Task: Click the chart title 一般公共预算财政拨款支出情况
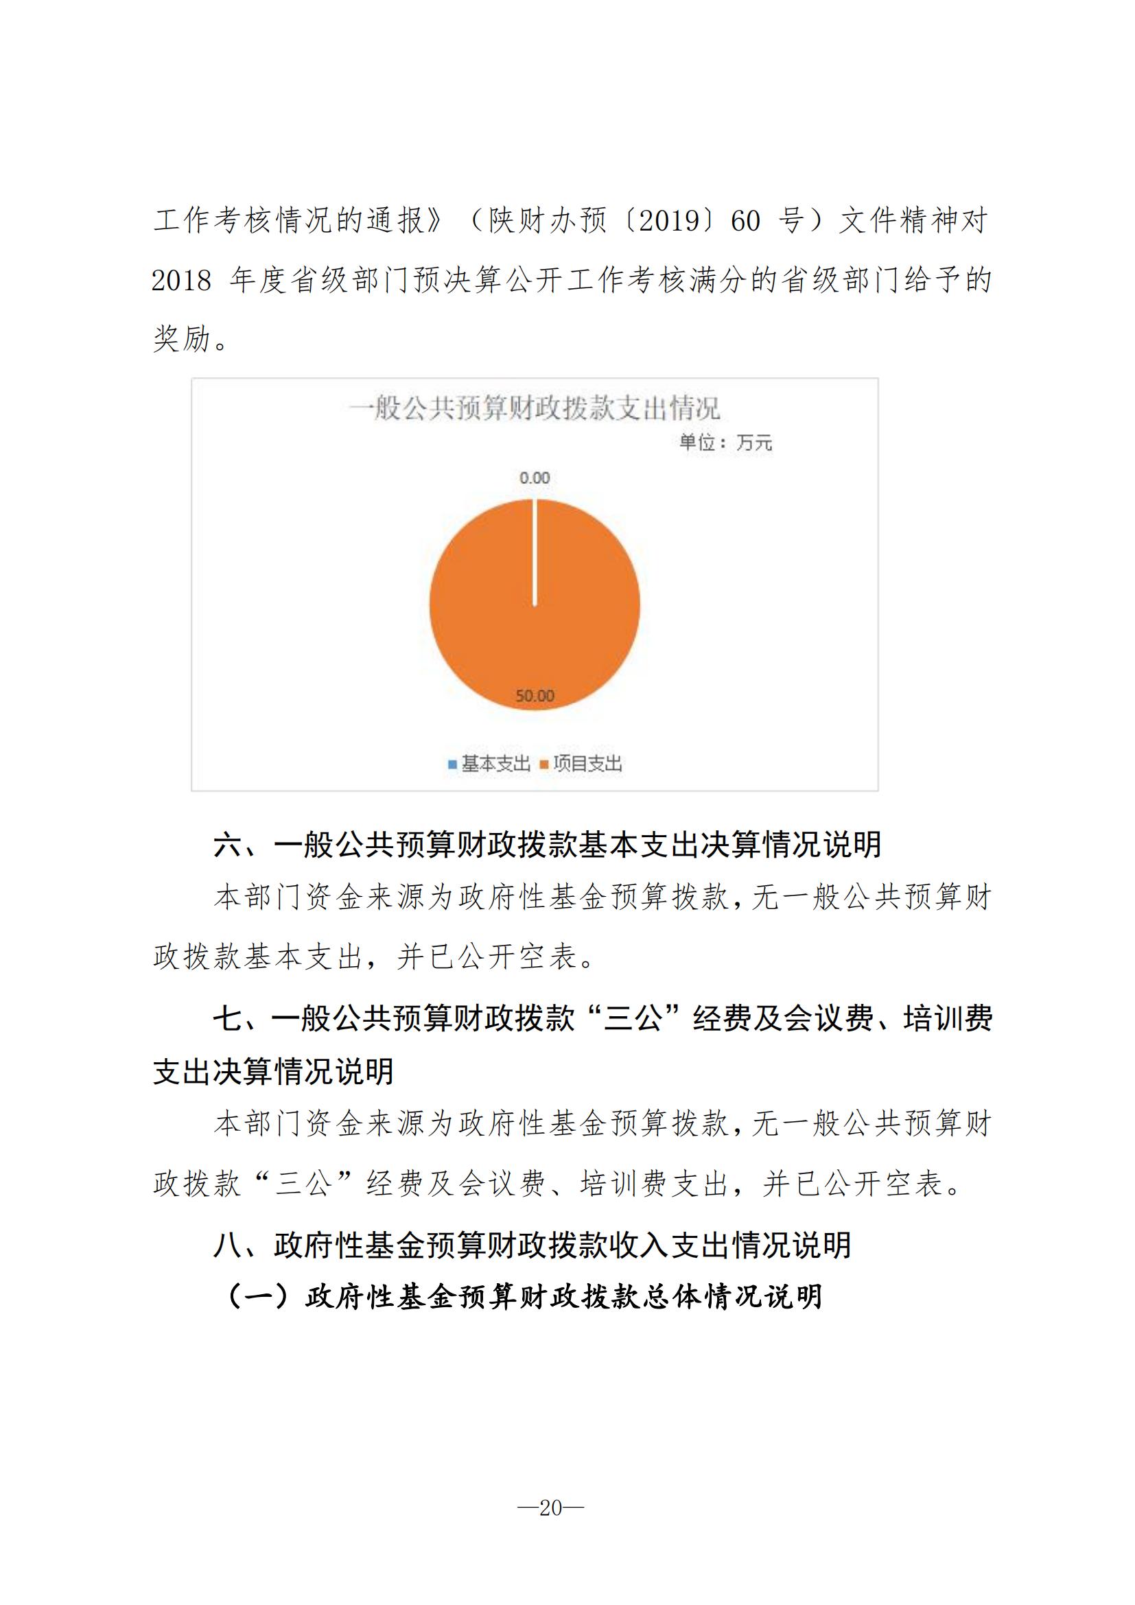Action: (x=534, y=408)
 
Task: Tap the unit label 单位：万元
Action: (x=725, y=443)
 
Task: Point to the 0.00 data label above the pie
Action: (x=535, y=478)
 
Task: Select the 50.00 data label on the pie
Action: (x=535, y=696)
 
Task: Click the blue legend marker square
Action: (x=452, y=764)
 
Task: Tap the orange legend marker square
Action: (x=543, y=764)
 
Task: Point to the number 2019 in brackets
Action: (x=670, y=221)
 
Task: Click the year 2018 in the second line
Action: (x=181, y=281)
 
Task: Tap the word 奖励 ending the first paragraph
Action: (x=182, y=339)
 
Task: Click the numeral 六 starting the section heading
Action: (x=228, y=845)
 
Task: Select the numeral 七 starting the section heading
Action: (x=228, y=1018)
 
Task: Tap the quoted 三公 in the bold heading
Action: (x=633, y=1018)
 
